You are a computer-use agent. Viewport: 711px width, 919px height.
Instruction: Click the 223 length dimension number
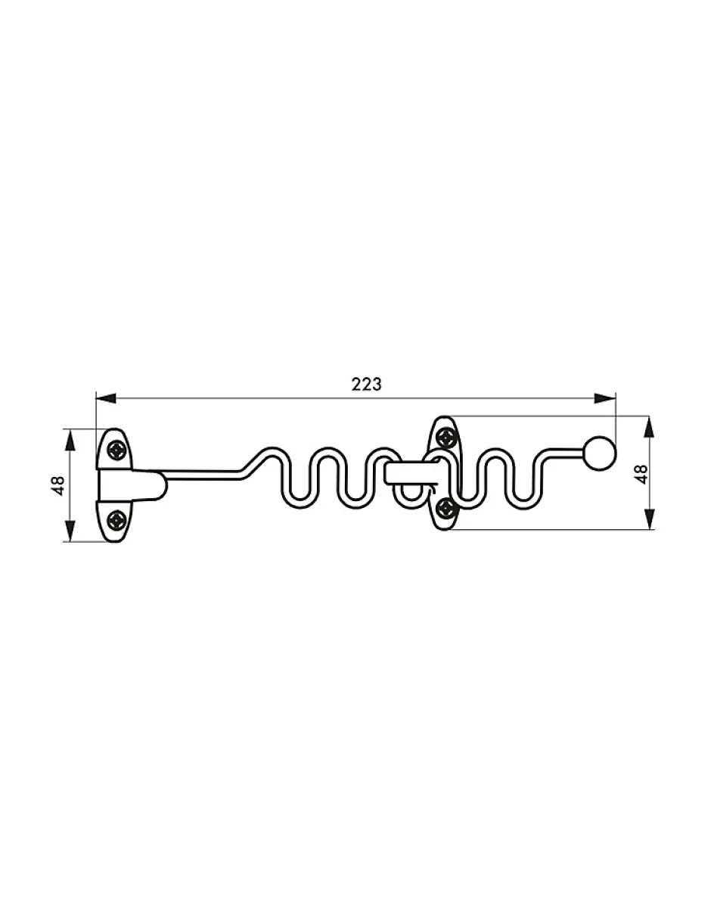366,384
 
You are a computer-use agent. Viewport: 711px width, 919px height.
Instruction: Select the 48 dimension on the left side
57,484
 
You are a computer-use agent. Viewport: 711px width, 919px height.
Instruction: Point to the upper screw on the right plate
446,437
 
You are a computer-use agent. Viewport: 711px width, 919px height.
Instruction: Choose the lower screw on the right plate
446,508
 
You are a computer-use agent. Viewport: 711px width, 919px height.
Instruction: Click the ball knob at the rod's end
601,452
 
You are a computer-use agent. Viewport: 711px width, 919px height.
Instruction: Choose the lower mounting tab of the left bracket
115,521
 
